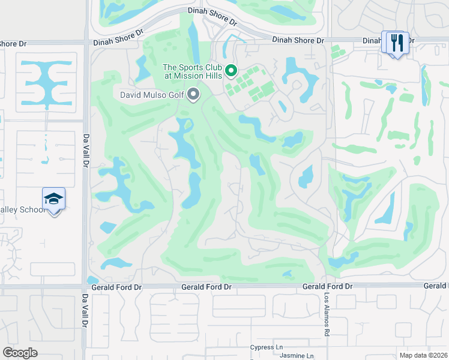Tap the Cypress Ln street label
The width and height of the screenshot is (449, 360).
coord(267,347)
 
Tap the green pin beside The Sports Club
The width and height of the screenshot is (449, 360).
coord(231,73)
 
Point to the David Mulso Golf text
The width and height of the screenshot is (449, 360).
coord(152,95)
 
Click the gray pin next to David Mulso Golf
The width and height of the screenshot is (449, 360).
coord(193,94)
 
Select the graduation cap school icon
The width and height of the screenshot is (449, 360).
coord(53,199)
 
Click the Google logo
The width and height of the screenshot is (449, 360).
coord(20,353)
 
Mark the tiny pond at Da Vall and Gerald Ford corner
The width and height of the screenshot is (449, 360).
coord(92,280)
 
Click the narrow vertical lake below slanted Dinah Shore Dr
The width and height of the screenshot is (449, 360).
coord(194,42)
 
